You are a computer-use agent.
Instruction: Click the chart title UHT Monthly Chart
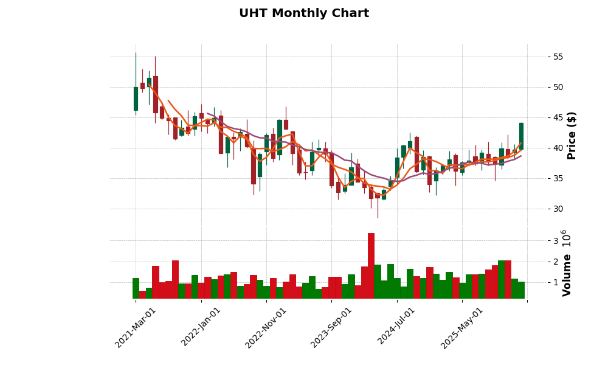coord(304,13)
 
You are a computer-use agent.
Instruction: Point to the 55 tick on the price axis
coord(558,57)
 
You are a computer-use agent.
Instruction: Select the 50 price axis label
coord(558,88)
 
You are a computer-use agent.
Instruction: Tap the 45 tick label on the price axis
coord(558,118)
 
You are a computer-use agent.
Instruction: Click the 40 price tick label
coord(558,148)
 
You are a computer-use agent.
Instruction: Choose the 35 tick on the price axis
coord(558,179)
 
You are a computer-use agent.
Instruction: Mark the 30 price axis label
coord(558,209)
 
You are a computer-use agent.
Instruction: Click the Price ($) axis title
coord(572,135)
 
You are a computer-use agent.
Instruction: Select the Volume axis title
coord(567,275)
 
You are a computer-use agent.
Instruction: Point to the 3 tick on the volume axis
coord(555,241)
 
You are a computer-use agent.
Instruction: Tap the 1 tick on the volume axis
coord(555,283)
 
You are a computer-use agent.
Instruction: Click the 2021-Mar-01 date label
coord(136,327)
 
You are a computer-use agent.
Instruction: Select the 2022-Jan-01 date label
coord(202,327)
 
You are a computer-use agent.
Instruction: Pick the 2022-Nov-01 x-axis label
coord(266,327)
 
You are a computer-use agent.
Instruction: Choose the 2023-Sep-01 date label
coord(332,327)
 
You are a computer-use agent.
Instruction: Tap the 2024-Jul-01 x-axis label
coord(397,327)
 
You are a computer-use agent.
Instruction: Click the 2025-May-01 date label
coord(463,327)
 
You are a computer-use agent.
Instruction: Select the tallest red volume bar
coord(371,266)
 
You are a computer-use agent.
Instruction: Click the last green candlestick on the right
coord(521,136)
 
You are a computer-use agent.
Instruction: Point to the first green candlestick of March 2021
coord(136,99)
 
